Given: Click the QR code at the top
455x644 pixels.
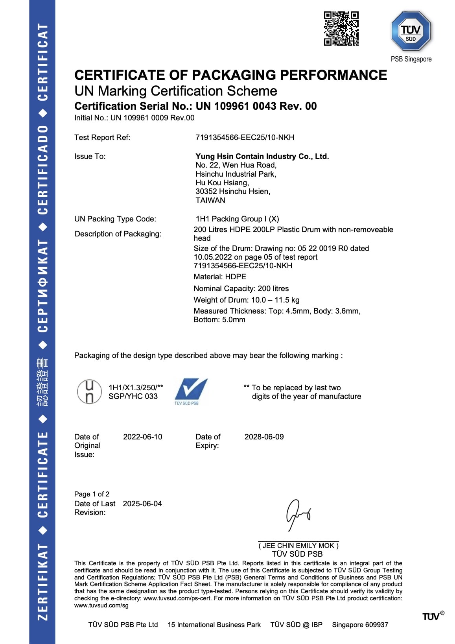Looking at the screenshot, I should pos(341,28).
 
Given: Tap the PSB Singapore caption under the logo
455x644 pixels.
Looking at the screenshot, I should pos(411,59).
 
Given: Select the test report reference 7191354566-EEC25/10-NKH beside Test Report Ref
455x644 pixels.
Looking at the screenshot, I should pos(245,137).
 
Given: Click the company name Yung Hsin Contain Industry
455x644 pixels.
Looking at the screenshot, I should pos(262,156).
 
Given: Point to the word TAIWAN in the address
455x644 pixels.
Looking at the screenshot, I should pos(210,200).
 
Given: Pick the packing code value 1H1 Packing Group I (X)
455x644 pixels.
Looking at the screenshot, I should pos(237,219).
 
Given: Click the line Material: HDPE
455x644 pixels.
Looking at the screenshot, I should pos(220,277).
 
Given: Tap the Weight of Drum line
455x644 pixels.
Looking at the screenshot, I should pos(246,300).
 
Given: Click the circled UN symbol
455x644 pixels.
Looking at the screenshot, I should pos(89,391).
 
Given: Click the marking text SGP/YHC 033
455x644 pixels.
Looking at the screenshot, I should pos(133,396).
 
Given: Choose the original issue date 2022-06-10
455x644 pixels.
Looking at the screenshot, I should pos(142,437).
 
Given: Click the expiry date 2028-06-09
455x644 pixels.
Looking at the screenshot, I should pos(264,437).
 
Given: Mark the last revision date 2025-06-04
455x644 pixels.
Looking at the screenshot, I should pos(142,504).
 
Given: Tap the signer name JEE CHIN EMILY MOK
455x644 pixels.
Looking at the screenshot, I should pos(298,545).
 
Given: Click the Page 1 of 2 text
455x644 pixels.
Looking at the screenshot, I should pos(92,494).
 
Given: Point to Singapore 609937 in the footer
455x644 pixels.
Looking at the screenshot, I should pos(360,625).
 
